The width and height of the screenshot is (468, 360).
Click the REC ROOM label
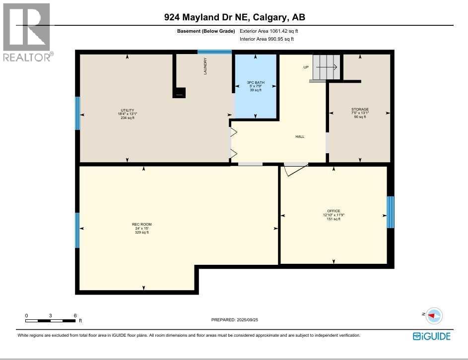click(143, 224)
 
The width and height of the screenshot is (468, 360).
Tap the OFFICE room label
click(334, 211)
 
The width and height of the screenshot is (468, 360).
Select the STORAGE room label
click(360, 110)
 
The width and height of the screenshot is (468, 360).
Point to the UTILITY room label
click(128, 111)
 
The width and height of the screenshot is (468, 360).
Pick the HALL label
click(300, 137)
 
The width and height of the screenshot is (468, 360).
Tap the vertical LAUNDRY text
click(205, 66)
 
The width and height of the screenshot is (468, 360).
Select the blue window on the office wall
click(391, 212)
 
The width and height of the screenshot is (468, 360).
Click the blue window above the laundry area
click(214, 52)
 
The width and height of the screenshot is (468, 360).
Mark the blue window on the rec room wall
click(77, 230)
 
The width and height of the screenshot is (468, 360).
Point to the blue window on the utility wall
click(77, 113)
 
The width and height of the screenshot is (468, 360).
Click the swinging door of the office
click(296, 169)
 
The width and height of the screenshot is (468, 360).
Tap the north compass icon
click(434, 315)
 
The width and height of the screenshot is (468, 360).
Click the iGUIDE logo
click(432, 336)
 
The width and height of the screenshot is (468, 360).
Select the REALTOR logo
click(27, 32)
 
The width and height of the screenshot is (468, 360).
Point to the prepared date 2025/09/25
click(235, 320)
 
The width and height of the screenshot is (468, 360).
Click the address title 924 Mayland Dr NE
click(234, 17)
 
